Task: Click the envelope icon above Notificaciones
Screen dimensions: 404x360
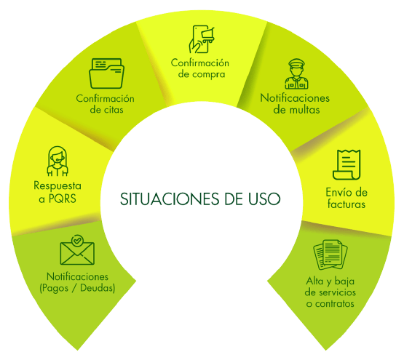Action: click(77, 250)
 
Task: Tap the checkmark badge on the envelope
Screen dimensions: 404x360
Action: click(77, 241)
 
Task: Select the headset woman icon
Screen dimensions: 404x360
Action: click(58, 161)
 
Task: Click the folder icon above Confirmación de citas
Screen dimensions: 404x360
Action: click(106, 73)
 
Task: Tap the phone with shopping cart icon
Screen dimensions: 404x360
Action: click(202, 39)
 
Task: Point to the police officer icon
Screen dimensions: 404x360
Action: click(296, 74)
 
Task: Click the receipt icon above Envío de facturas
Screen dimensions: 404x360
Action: click(346, 164)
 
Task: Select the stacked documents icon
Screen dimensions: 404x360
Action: click(330, 255)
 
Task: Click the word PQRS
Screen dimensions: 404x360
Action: click(63, 199)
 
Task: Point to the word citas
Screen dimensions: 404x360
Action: click(114, 110)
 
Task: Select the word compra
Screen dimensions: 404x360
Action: click(209, 75)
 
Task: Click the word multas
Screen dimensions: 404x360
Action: click(304, 110)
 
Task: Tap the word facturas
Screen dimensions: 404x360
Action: click(346, 204)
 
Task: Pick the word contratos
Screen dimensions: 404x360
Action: click(334, 304)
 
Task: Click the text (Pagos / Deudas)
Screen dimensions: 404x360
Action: click(77, 288)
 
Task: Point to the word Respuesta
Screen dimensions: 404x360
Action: click(58, 185)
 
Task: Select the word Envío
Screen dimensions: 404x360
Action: click(336, 192)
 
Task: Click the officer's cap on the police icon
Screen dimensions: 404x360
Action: click(296, 63)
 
